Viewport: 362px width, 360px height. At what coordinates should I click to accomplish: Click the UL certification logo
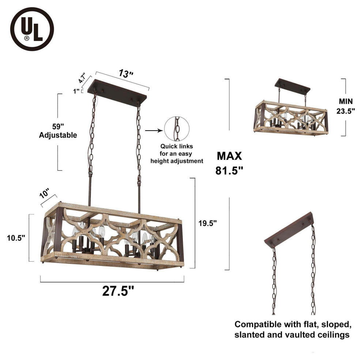(32, 29)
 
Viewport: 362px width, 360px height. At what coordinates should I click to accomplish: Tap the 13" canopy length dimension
(126, 74)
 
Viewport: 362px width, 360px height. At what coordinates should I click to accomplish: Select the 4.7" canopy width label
(82, 78)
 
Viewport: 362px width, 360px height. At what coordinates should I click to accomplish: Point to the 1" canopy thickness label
(76, 91)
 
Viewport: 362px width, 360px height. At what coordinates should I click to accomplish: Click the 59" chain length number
(58, 127)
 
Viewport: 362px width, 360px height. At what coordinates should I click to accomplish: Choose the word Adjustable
(58, 135)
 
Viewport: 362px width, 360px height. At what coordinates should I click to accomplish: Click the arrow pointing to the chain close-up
(154, 131)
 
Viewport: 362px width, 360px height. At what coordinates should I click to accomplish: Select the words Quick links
(177, 146)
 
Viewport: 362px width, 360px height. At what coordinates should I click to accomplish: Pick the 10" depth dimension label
(45, 194)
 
